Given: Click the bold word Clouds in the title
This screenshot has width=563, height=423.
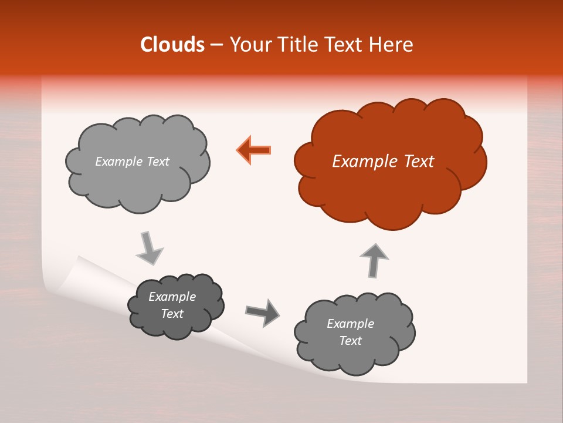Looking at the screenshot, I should [172, 45].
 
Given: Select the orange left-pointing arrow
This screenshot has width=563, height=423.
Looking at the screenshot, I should [254, 149].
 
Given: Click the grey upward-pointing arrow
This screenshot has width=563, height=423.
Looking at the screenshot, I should [374, 259].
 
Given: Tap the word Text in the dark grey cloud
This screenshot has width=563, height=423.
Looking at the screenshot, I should [172, 314].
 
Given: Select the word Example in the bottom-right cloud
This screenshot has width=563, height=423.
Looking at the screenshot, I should [350, 324].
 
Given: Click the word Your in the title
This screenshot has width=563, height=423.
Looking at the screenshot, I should [248, 45].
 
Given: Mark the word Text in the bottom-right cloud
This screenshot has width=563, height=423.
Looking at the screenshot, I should [350, 341].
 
